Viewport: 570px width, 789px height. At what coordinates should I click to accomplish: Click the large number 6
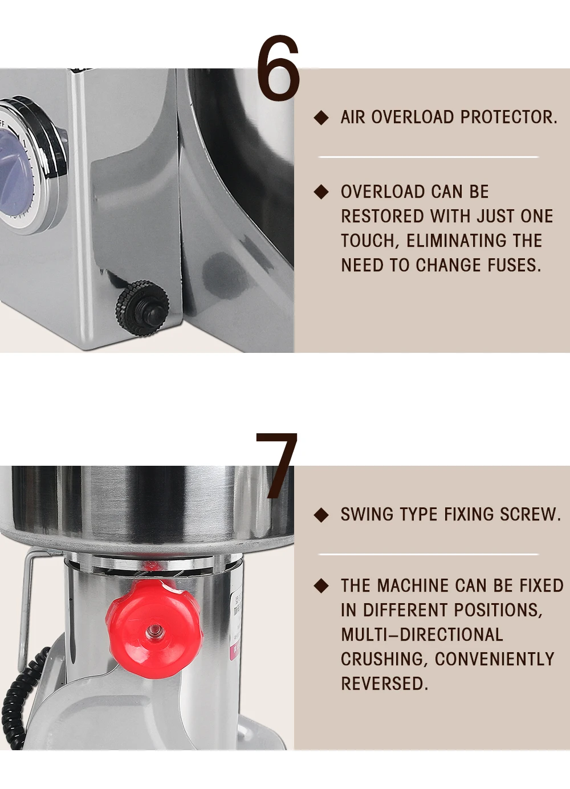tap(278, 68)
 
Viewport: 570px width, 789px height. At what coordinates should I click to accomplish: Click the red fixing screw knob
tap(154, 631)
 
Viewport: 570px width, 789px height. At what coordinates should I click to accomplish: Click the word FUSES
tap(514, 265)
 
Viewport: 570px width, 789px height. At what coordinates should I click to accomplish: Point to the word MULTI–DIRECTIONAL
tap(422, 635)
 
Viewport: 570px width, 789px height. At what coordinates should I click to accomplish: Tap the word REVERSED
tap(384, 684)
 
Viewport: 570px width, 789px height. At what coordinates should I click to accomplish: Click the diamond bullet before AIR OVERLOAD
tap(321, 117)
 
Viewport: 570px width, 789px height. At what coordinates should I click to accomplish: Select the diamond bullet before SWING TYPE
tap(321, 515)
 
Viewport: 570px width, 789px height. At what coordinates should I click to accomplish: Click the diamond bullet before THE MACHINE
tap(321, 585)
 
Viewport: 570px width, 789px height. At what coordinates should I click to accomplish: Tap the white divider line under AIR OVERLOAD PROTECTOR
tap(428, 156)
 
